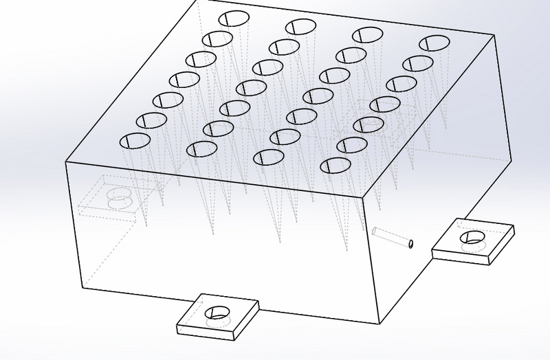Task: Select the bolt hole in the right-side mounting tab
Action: [474, 237]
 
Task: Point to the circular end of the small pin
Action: [410, 243]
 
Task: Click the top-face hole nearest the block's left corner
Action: [135, 141]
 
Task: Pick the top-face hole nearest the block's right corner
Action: [432, 43]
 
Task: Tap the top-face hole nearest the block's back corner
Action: [233, 19]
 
